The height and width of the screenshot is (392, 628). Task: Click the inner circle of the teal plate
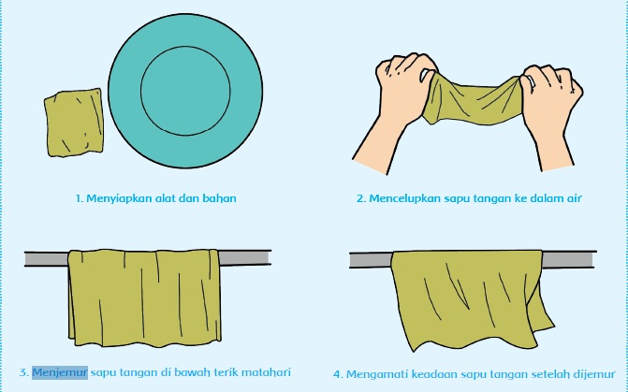point(185,47)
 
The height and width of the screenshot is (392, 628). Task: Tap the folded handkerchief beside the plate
point(74,123)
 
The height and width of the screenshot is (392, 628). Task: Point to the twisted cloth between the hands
point(473,100)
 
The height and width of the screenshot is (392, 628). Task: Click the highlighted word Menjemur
point(60,372)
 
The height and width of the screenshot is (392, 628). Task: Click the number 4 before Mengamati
point(338,375)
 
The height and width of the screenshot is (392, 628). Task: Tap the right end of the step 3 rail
point(271,258)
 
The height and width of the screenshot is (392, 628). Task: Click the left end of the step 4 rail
point(350,260)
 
